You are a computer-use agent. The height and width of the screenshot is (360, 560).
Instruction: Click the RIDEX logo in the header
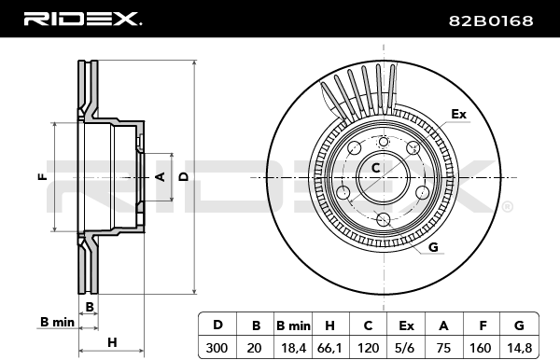(x=82, y=19)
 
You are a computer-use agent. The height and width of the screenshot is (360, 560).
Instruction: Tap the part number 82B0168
(x=491, y=21)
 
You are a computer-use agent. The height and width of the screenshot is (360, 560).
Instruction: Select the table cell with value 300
(x=217, y=347)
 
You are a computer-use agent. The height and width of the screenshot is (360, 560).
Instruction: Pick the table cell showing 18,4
(x=294, y=347)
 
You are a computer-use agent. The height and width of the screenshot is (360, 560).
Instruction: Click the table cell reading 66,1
(x=330, y=347)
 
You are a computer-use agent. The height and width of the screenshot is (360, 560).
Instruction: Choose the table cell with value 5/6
(x=406, y=347)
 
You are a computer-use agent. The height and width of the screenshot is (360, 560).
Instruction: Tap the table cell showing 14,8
(x=519, y=347)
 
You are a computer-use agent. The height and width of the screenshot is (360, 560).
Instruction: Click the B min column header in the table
(x=294, y=325)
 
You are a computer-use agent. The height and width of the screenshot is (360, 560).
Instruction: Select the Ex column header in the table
(x=406, y=325)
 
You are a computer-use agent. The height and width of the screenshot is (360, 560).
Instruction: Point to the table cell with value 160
(x=483, y=347)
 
